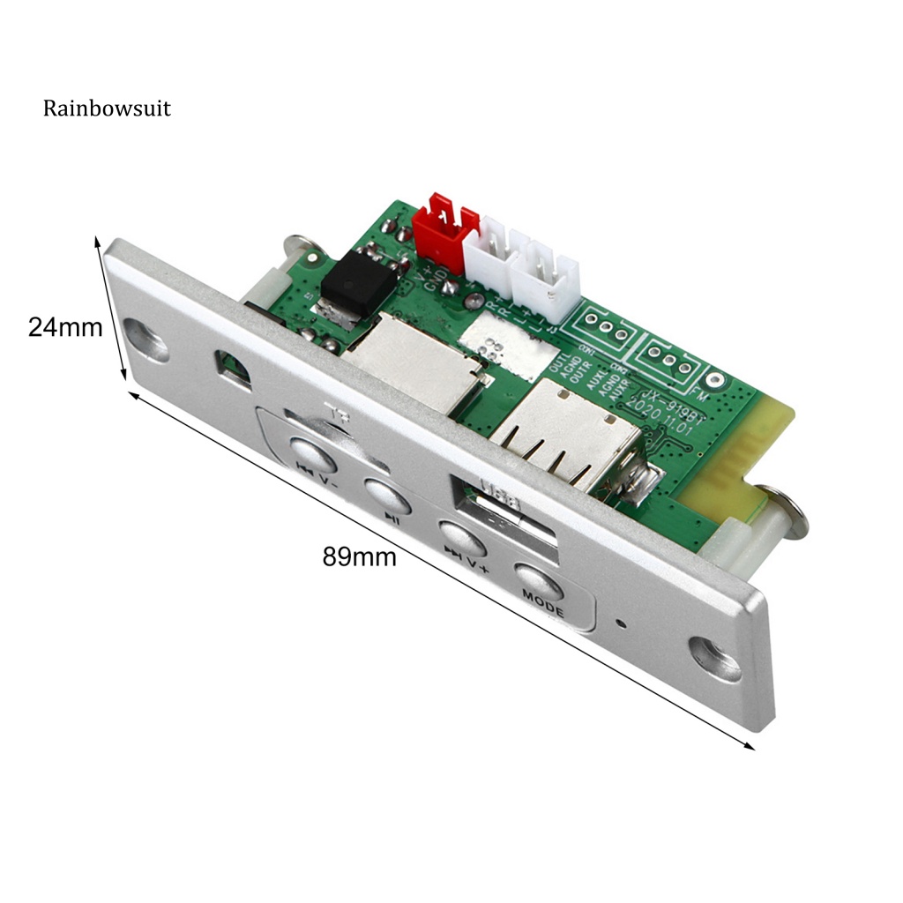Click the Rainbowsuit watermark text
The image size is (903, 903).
click(x=107, y=109)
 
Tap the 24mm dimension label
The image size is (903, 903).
click(x=65, y=327)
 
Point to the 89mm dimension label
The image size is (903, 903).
click(x=359, y=557)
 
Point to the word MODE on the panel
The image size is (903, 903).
click(x=542, y=596)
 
